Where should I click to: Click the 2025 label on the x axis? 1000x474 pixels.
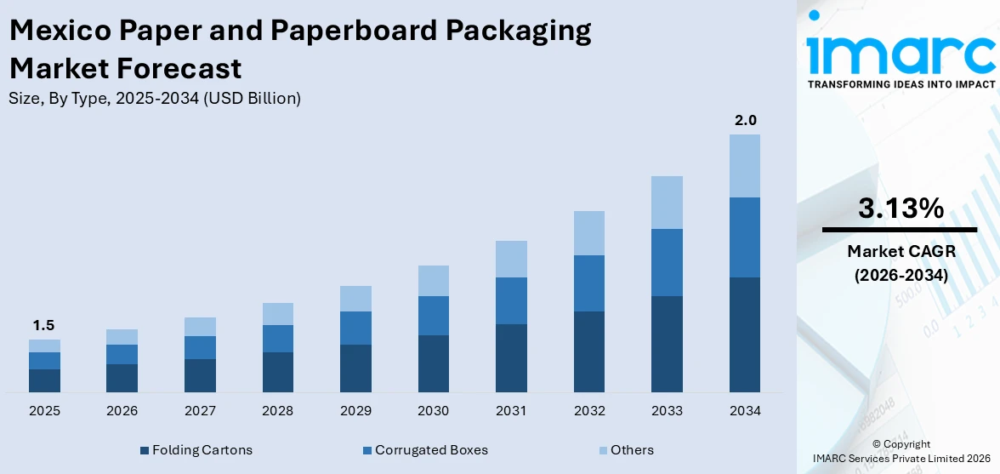click(44, 411)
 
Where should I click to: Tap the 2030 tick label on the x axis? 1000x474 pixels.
click(433, 411)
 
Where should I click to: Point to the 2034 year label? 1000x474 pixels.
click(744, 411)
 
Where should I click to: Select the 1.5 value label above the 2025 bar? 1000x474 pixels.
click(44, 325)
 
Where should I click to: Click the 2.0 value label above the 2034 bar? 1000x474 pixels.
click(745, 120)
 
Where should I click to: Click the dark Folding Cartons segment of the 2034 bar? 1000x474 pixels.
click(744, 334)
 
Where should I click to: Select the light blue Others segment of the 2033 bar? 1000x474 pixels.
click(667, 203)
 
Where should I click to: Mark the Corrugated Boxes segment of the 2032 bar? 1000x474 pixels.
click(588, 283)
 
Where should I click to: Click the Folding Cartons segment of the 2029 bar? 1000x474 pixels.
click(355, 368)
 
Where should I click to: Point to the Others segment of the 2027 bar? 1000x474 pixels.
click(200, 327)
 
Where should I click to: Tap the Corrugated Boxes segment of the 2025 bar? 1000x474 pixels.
click(44, 361)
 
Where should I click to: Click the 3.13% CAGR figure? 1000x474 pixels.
click(900, 208)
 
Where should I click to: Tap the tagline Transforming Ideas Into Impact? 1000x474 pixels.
click(901, 84)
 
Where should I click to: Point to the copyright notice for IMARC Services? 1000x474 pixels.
click(901, 452)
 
